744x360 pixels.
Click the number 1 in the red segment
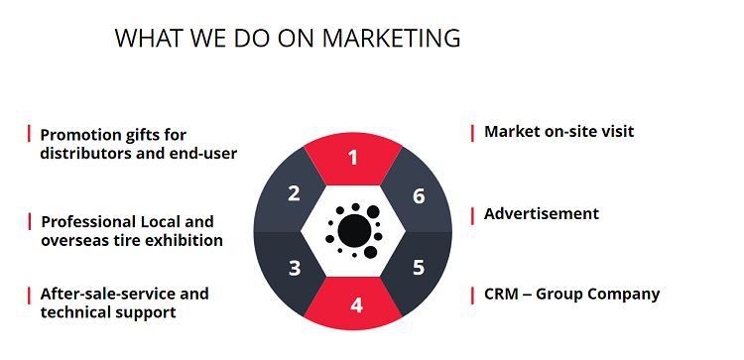[353, 157]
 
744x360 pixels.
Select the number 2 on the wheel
[294, 193]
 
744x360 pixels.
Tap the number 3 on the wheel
[294, 268]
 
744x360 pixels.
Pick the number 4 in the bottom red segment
[356, 304]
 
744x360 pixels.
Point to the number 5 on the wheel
[419, 267]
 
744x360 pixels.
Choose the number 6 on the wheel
[419, 196]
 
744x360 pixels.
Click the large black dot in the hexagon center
[354, 230]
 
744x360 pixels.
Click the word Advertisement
[542, 213]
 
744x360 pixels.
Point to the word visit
[614, 131]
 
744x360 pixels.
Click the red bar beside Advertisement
[472, 215]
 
